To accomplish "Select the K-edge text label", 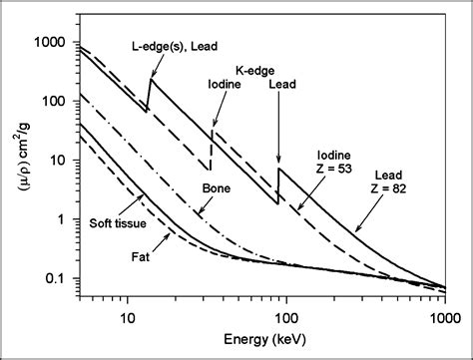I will (x=255, y=70).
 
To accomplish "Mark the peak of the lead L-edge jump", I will (x=152, y=80).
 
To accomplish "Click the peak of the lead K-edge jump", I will (x=278, y=168).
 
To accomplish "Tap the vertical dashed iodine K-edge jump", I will (x=212, y=147).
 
